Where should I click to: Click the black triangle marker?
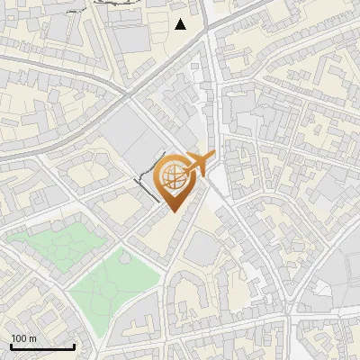point(181,24)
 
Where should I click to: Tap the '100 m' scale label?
point(23,338)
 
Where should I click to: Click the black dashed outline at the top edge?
point(117,3)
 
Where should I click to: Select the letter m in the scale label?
point(32,339)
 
